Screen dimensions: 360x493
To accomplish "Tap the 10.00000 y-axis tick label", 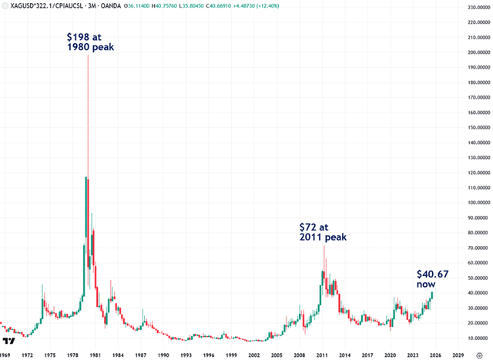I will [x=470, y=338].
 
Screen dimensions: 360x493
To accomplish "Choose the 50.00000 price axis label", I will [x=470, y=278].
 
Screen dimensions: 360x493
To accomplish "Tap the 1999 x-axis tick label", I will [x=230, y=354].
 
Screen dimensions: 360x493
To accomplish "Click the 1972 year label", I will [x=26, y=354].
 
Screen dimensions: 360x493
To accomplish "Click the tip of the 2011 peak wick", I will [x=324, y=246].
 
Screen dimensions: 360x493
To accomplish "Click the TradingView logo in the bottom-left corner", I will [x=8, y=340].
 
